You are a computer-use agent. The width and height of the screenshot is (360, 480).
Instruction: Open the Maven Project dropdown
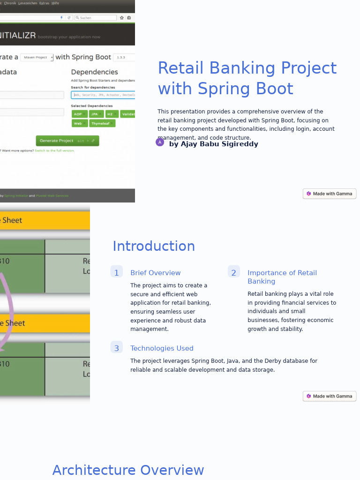(37, 57)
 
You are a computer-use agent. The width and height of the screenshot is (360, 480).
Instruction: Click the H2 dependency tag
(111, 114)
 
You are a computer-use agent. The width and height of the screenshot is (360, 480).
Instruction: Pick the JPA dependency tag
(96, 114)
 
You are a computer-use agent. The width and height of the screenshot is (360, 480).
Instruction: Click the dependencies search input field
(103, 95)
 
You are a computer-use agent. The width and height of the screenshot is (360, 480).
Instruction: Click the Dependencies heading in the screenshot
(94, 72)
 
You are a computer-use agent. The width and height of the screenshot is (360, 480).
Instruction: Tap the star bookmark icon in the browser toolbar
(122, 18)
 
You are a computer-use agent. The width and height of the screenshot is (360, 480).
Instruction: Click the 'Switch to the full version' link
(54, 150)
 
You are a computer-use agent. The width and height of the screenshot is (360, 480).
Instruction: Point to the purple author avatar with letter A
(160, 142)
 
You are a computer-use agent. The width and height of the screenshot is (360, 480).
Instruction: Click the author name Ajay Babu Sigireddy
(213, 144)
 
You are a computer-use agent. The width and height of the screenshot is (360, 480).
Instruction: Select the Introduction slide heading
(153, 246)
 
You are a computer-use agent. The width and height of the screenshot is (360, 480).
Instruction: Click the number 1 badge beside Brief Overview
(116, 272)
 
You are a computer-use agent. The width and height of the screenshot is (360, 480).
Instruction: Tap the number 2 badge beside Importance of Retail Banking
(233, 272)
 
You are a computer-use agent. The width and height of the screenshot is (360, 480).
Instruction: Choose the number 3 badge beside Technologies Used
(116, 348)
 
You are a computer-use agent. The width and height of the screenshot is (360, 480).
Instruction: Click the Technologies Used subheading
(162, 348)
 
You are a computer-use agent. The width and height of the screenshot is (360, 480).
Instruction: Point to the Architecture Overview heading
(128, 470)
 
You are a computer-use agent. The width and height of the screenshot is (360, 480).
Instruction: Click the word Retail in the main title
(180, 68)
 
